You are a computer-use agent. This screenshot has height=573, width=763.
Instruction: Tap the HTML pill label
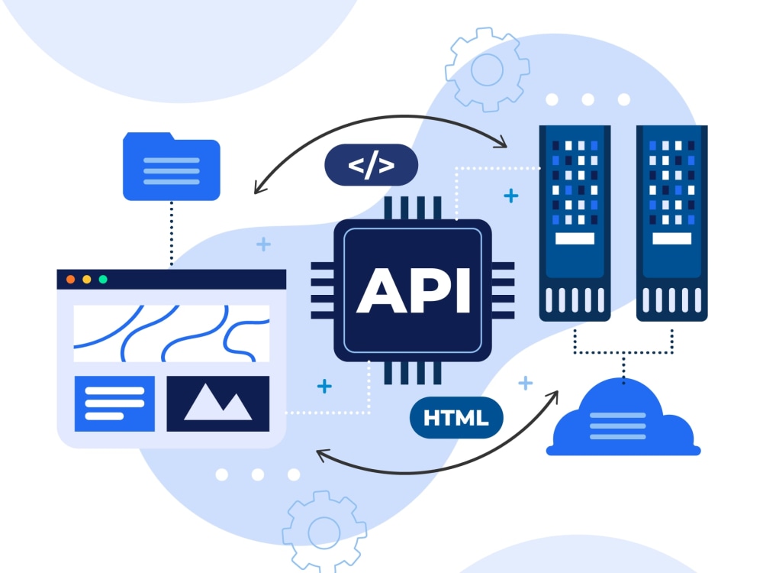[x=456, y=418]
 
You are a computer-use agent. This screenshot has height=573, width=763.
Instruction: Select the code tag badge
[x=372, y=165]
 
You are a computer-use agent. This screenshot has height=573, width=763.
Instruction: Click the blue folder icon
[x=171, y=166]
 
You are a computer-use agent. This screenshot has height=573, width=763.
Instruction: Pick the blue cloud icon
[x=623, y=418]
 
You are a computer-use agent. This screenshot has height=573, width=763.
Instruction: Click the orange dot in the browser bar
[x=70, y=279]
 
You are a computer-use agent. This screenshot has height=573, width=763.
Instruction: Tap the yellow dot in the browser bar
[x=87, y=279]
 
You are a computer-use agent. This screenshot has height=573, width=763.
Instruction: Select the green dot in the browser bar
[x=103, y=279]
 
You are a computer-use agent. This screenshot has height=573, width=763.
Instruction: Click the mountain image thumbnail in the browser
[x=218, y=403]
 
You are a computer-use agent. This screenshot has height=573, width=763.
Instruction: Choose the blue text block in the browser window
[x=114, y=403]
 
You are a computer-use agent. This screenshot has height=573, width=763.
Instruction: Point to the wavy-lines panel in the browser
[x=171, y=333]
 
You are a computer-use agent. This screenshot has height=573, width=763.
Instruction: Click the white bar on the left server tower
[x=575, y=238]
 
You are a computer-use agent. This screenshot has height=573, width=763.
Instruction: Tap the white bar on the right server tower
[x=672, y=238]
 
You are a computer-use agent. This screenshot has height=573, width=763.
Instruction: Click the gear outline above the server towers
[x=487, y=70]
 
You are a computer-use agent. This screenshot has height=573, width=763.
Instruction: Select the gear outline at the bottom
[x=324, y=532]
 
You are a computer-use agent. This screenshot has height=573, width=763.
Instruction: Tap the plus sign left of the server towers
[x=511, y=196]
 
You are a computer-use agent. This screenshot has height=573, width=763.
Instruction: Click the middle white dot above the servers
[x=588, y=99]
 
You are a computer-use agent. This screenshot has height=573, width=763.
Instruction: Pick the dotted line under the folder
[x=171, y=234]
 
